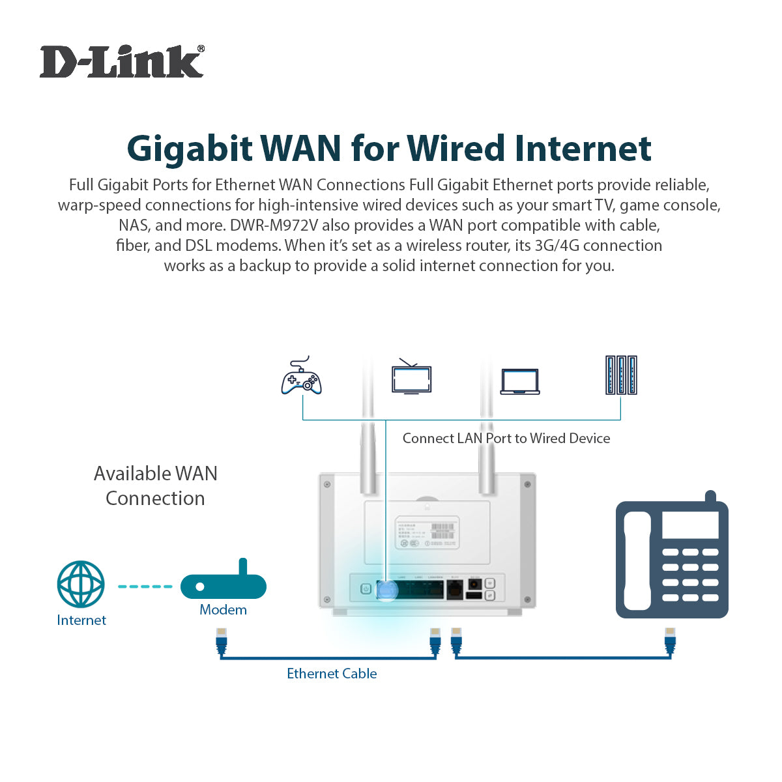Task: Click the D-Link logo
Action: (x=122, y=62)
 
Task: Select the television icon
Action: (x=411, y=377)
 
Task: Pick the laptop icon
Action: (x=520, y=382)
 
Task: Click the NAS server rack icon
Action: (x=621, y=375)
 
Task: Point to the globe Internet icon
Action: (x=81, y=583)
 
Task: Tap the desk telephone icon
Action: (x=672, y=559)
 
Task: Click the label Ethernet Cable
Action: (x=332, y=674)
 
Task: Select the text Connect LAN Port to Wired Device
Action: (x=506, y=439)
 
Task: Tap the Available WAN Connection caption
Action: (x=155, y=485)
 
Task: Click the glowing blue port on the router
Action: (x=387, y=590)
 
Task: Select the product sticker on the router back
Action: (x=427, y=532)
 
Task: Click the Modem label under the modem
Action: (x=223, y=610)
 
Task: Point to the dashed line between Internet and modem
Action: (x=144, y=586)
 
